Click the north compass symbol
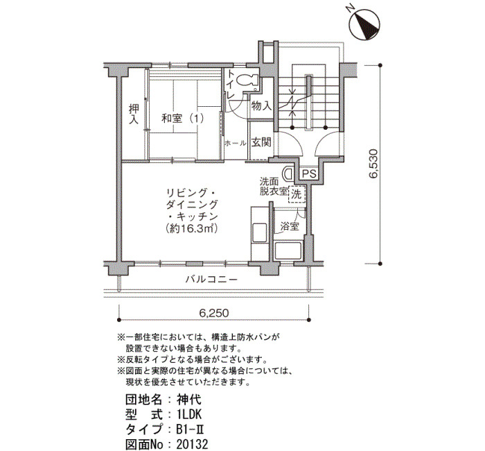[x=364, y=24]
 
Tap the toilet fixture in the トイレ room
[x=248, y=80]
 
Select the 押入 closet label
[x=134, y=114]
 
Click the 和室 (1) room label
[x=183, y=119]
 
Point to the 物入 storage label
[x=261, y=106]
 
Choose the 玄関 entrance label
[x=261, y=142]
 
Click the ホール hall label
[x=236, y=143]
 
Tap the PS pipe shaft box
[x=309, y=173]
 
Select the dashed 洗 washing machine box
[x=297, y=194]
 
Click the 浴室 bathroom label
[x=290, y=226]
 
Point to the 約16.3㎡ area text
[x=191, y=228]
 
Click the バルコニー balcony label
[x=211, y=280]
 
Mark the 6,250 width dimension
[x=213, y=313]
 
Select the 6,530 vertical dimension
[x=373, y=164]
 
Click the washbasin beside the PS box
[x=289, y=173]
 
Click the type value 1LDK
[x=189, y=414]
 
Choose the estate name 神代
[x=189, y=400]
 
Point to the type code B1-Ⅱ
[x=191, y=429]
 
